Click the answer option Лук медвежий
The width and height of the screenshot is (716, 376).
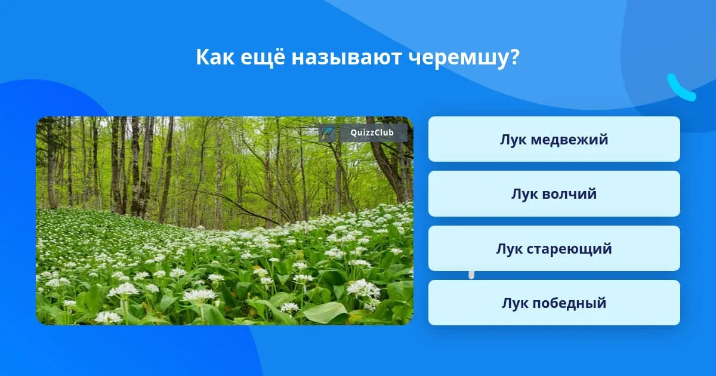coord(554,139)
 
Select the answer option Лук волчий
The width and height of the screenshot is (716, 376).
coord(554,194)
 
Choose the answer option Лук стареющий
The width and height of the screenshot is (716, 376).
coord(554,248)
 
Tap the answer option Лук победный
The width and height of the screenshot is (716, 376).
coord(554,303)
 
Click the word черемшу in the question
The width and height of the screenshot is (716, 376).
coord(459,58)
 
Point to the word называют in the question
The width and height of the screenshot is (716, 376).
coord(347,57)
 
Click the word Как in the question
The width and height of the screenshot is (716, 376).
coord(215,57)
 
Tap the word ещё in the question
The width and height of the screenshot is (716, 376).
coord(263,57)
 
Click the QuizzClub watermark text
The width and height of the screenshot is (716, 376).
coord(372,132)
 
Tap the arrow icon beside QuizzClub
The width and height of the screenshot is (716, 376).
coord(328,132)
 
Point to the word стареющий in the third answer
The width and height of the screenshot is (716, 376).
coord(569,249)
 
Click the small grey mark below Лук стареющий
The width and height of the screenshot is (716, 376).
coord(471,275)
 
